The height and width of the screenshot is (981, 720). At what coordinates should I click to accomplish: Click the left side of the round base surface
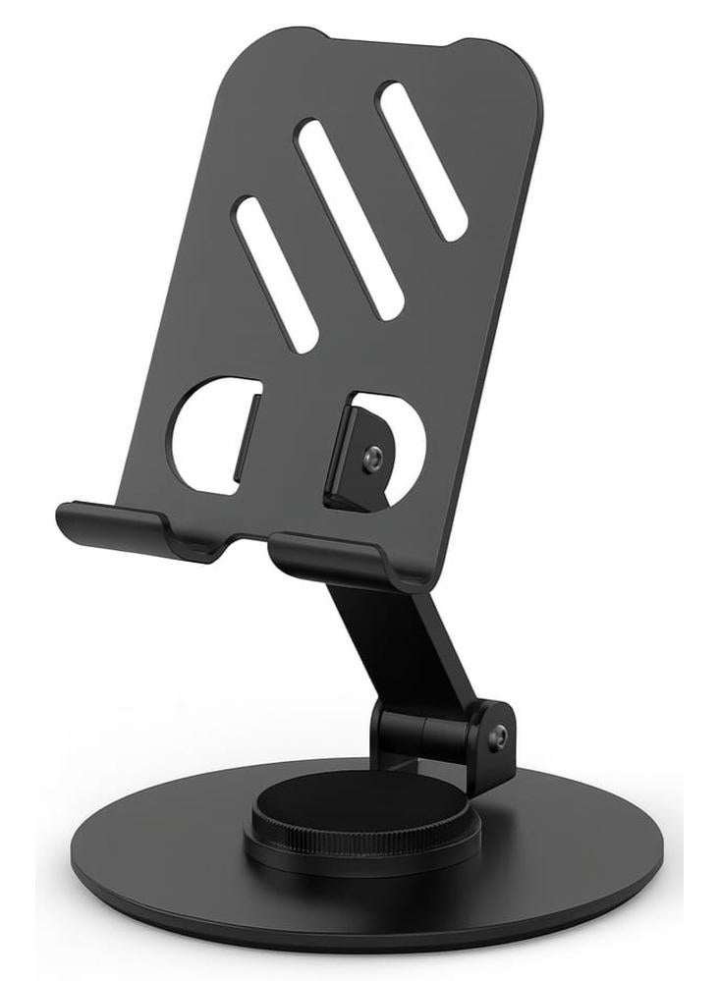click(147, 864)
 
